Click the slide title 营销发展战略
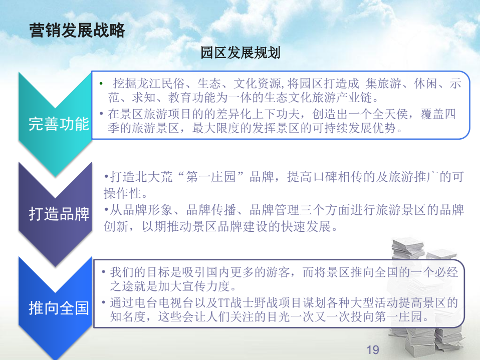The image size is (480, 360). tap(77, 30)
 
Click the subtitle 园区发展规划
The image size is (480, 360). tap(241, 53)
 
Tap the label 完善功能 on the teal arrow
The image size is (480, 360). tap(59, 124)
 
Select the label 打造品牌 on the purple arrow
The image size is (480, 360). tap(59, 213)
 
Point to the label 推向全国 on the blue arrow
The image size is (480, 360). tap(59, 308)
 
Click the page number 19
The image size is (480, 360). tap(373, 349)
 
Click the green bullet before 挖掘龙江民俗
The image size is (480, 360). tap(101, 83)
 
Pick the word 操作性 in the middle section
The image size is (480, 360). tap(122, 193)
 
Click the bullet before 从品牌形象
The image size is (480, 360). tap(106, 210)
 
